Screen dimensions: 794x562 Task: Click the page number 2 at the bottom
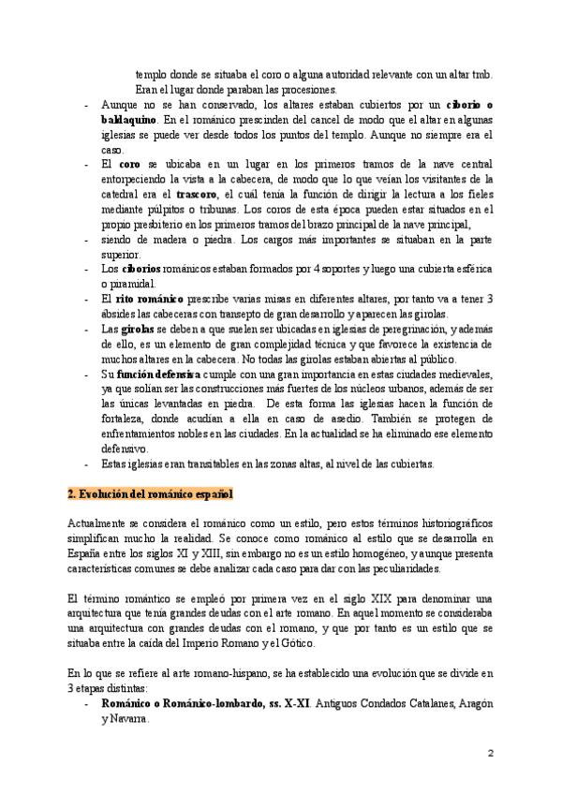pos(490,753)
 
